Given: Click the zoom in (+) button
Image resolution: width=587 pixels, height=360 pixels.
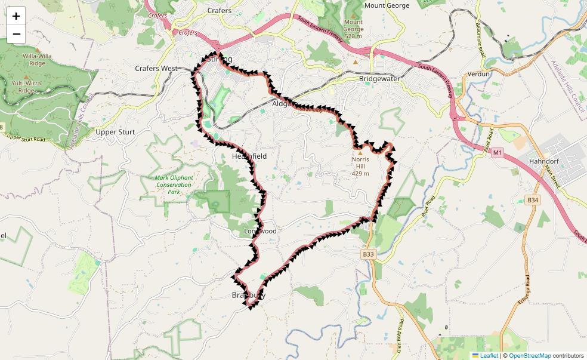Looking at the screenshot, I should click(x=16, y=16).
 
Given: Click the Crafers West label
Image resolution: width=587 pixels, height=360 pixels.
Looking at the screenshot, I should click(x=156, y=69).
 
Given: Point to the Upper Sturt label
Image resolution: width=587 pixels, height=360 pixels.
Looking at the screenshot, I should click(x=115, y=132).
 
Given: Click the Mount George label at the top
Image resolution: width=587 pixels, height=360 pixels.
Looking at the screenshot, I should click(x=387, y=5).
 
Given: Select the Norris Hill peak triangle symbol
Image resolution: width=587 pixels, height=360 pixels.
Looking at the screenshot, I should click(x=360, y=153).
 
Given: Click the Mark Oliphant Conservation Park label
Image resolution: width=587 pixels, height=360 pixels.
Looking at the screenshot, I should click(x=174, y=184).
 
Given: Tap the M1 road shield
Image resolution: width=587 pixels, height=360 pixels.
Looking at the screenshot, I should click(x=498, y=153).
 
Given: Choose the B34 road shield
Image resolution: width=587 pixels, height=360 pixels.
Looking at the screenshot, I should click(x=533, y=200).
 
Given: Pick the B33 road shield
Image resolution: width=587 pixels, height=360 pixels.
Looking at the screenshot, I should click(x=368, y=254).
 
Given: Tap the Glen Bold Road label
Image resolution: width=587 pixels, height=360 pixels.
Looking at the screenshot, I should click(x=399, y=334).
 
